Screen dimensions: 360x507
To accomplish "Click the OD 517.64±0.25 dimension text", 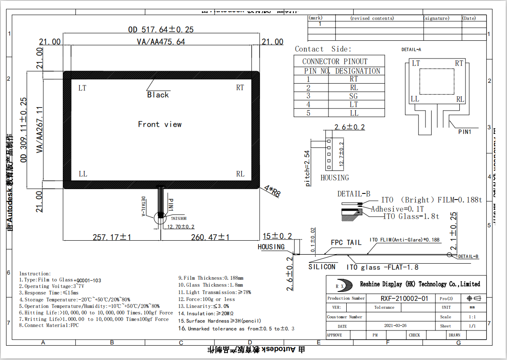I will pyautogui.click(x=161, y=29).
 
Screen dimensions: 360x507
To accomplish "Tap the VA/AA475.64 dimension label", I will pyautogui.click(x=161, y=42).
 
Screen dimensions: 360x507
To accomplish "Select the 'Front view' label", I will pyautogui.click(x=160, y=124).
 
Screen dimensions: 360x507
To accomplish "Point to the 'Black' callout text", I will pyautogui.click(x=158, y=95).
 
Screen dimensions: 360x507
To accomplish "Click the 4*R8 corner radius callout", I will pyautogui.click(x=272, y=191).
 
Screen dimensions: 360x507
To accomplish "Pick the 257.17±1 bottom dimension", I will pyautogui.click(x=112, y=237).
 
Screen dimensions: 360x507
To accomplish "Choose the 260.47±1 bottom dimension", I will pyautogui.click(x=210, y=237).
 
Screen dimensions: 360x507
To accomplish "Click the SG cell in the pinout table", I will pyautogui.click(x=354, y=96).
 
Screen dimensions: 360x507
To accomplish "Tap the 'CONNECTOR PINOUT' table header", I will pyautogui.click(x=335, y=61).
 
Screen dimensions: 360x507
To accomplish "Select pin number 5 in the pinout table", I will pyautogui.click(x=309, y=113).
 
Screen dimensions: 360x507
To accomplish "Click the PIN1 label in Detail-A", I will pyautogui.click(x=465, y=132).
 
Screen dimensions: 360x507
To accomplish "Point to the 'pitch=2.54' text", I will pyautogui.click(x=308, y=169).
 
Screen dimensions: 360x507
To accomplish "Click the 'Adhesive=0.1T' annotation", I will pyautogui.click(x=396, y=209).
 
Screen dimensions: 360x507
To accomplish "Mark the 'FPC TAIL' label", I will pyautogui.click(x=346, y=243).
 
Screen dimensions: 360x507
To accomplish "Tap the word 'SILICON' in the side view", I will pyautogui.click(x=322, y=267).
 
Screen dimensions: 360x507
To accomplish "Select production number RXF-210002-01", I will pyautogui.click(x=404, y=298).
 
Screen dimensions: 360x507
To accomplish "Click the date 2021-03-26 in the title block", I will pyautogui.click(x=395, y=326).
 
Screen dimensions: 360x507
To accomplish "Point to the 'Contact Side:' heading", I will pyautogui.click(x=323, y=49).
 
